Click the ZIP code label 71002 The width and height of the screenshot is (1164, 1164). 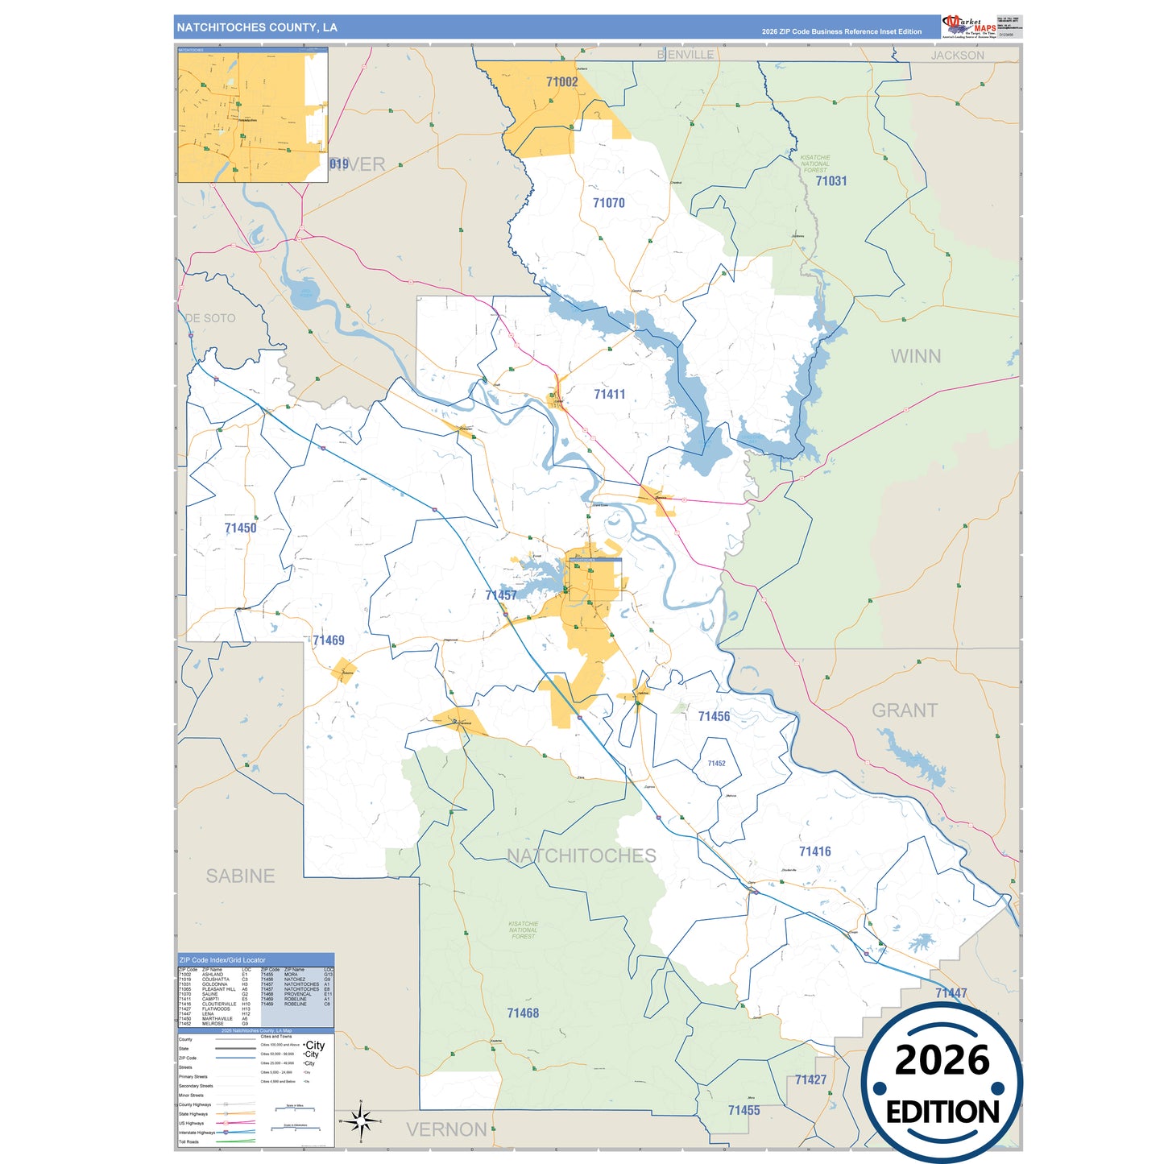(x=561, y=82)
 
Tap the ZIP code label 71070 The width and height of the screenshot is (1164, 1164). (x=608, y=203)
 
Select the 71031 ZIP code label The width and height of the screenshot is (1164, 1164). (x=831, y=181)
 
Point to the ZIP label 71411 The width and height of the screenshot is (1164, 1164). (x=609, y=394)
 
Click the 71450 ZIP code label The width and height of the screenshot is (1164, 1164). (x=240, y=528)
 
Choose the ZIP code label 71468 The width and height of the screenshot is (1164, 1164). (x=523, y=1013)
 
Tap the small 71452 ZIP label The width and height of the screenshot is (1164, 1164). (x=716, y=764)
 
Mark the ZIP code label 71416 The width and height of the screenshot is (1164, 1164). (x=814, y=851)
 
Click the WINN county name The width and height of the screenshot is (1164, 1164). (x=915, y=356)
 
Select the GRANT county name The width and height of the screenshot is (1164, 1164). (x=905, y=710)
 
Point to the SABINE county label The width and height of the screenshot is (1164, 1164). (x=240, y=876)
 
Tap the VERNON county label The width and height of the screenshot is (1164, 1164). (x=446, y=1129)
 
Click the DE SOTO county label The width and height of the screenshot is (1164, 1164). (x=210, y=318)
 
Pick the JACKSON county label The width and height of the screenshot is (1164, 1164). (x=957, y=56)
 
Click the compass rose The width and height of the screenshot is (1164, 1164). (x=361, y=1121)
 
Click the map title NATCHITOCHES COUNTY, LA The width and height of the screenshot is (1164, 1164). (x=257, y=27)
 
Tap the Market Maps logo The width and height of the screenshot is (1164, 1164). (x=969, y=26)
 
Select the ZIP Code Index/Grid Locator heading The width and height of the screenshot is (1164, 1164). (x=222, y=960)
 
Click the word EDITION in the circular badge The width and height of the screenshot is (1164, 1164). (x=942, y=1112)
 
